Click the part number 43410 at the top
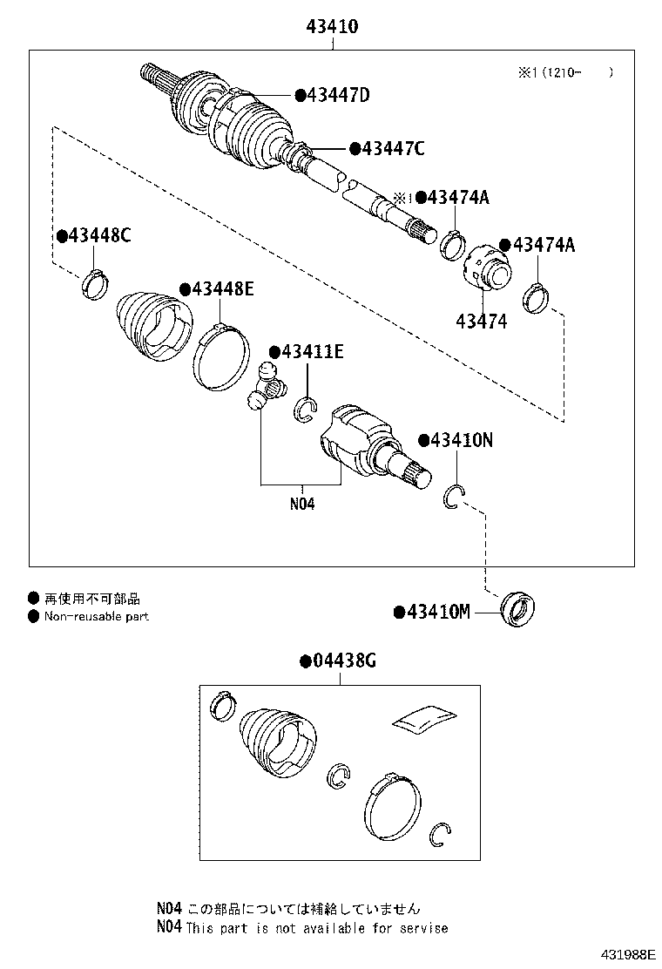tap(332, 28)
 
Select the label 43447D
tap(336, 95)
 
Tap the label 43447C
tap(392, 149)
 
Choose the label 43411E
tap(312, 352)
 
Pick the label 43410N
tap(461, 441)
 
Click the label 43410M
tap(438, 613)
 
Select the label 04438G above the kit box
tap(342, 661)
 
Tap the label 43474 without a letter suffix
tap(481, 322)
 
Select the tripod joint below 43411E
tap(265, 389)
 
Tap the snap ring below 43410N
tap(454, 496)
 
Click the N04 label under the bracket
tap(301, 504)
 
